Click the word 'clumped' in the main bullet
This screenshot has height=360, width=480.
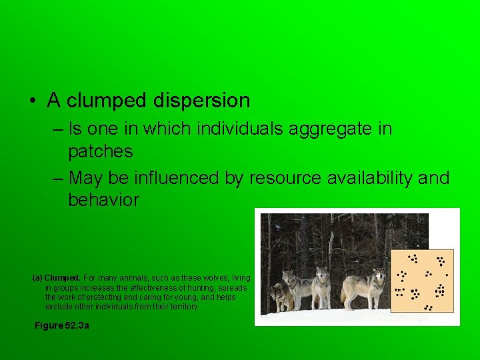[107, 101]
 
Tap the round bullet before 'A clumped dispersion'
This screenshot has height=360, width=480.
[32, 101]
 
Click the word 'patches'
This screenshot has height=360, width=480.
[100, 152]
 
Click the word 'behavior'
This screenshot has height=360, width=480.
[103, 201]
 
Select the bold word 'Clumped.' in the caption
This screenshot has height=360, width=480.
[63, 277]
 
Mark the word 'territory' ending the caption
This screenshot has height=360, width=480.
[182, 307]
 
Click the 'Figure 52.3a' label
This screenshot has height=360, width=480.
[61, 325]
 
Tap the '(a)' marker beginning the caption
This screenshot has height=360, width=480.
[37, 277]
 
